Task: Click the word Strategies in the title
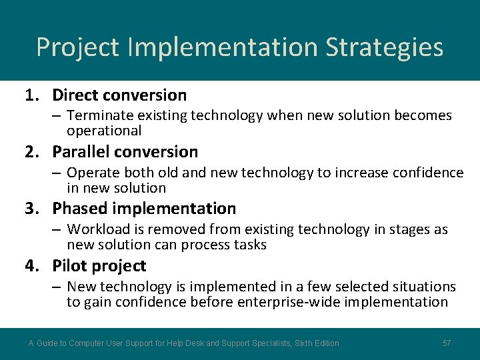pos(384,47)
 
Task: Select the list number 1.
pos(32,95)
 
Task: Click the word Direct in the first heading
pos(75,95)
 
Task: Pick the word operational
pos(104,131)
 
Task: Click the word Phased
pos(79,209)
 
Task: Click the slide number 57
pos(447,343)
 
